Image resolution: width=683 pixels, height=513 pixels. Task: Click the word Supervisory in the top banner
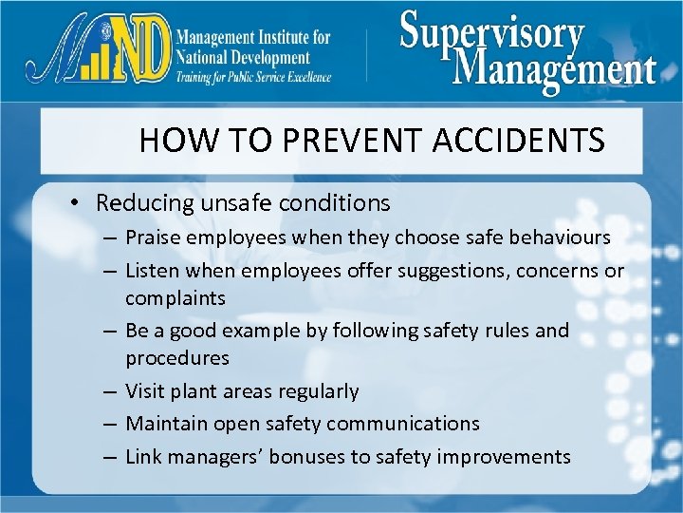491,34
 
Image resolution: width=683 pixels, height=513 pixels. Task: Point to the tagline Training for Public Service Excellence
253,77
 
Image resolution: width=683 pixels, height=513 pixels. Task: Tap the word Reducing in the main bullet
142,203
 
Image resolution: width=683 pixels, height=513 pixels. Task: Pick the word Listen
152,271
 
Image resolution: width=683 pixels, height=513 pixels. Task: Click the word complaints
175,298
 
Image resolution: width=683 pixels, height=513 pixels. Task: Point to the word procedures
177,358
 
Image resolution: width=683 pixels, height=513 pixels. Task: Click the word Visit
145,391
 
